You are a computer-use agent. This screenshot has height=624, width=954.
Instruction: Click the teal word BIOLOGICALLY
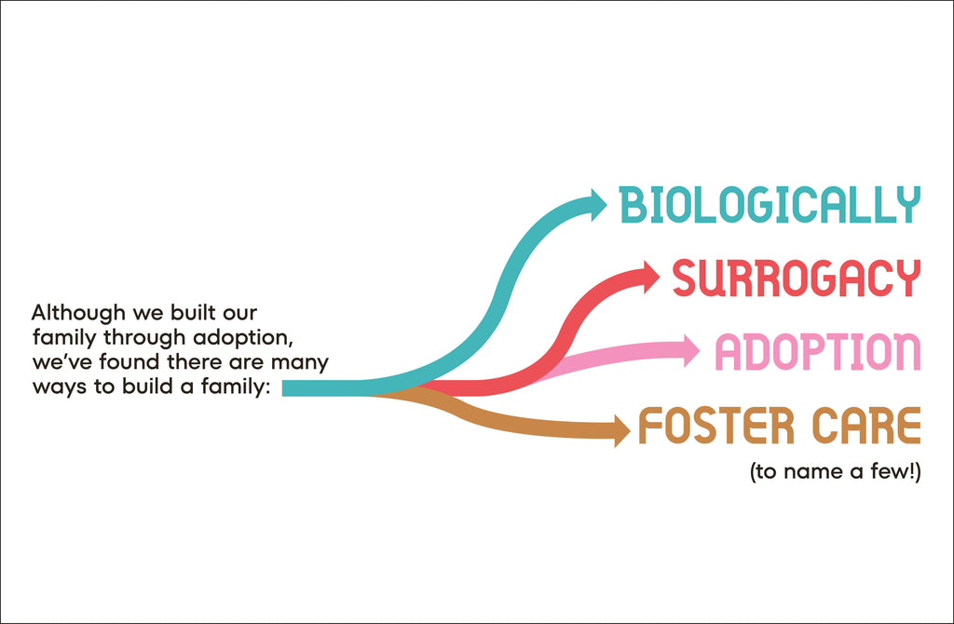(x=770, y=204)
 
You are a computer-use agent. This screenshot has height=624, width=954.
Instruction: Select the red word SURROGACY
(x=796, y=278)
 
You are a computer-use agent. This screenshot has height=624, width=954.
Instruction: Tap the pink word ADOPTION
(x=817, y=351)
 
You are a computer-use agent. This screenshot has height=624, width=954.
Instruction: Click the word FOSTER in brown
(x=716, y=425)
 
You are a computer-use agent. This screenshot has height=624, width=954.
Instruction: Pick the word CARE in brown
(x=866, y=425)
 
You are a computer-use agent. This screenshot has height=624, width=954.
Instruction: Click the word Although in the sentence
(x=78, y=313)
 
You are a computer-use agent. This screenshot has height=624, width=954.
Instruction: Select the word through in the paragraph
(x=144, y=337)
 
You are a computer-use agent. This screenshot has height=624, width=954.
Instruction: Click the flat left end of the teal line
(x=282, y=388)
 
